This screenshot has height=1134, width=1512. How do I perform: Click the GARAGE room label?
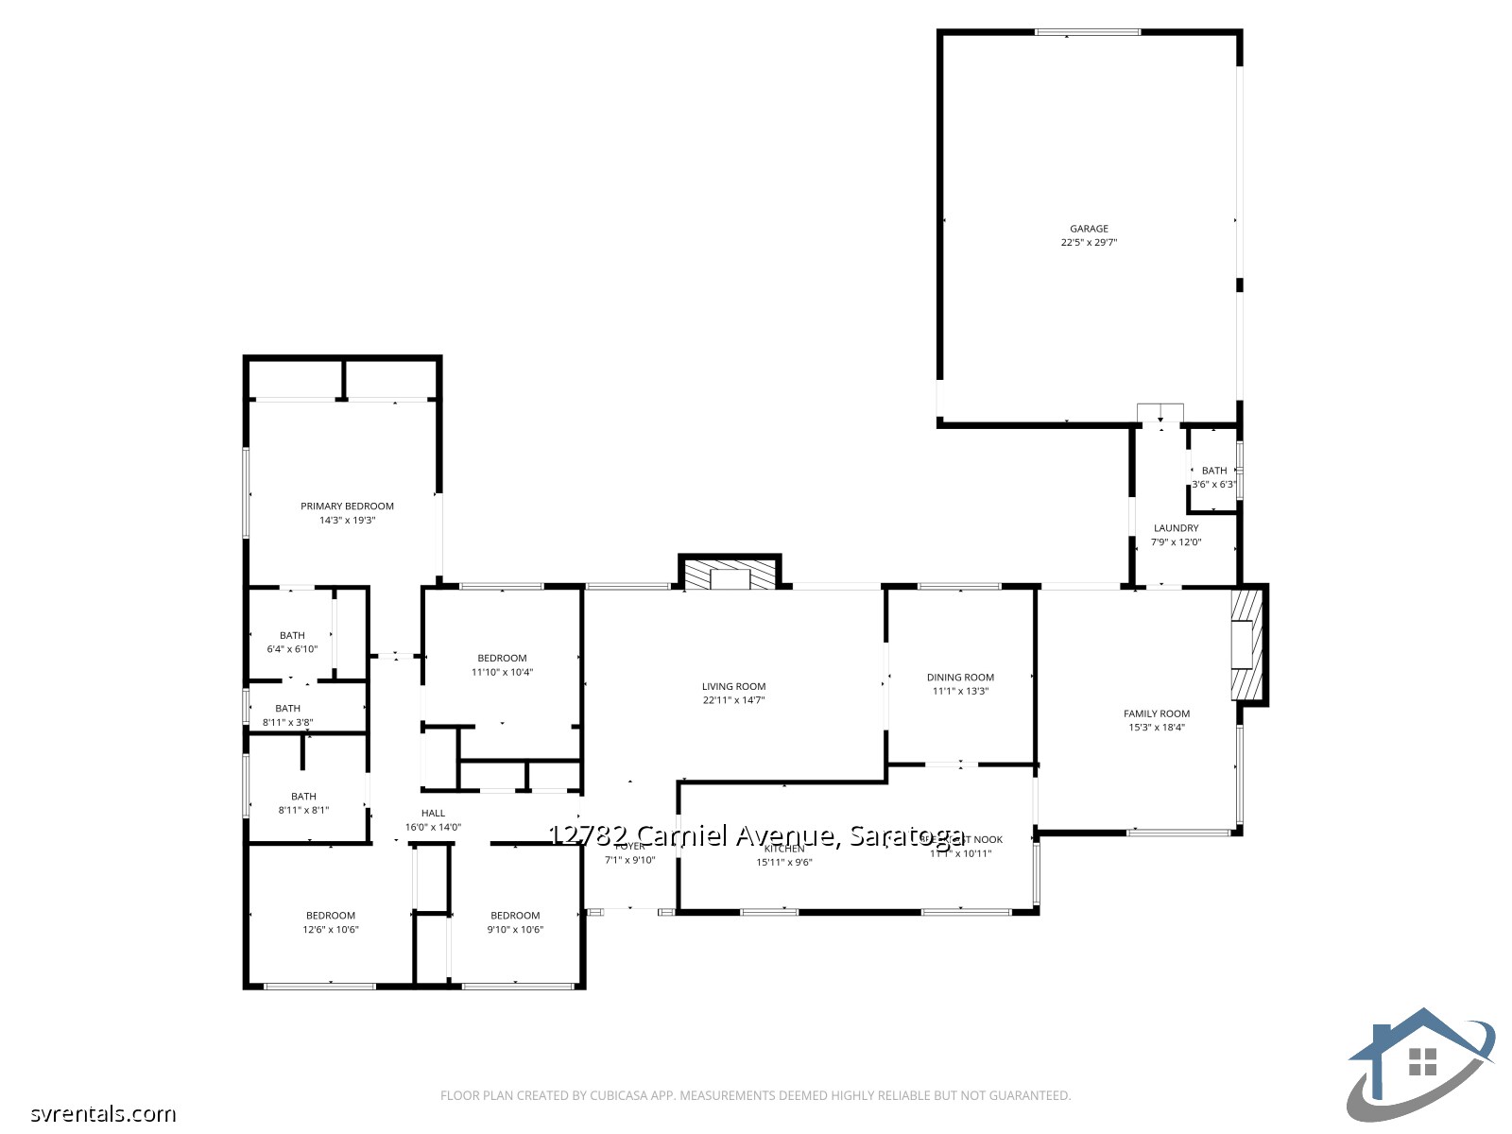[x=1089, y=229]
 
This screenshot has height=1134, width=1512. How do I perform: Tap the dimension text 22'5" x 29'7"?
[x=1089, y=243]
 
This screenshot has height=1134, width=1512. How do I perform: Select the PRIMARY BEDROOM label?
[x=347, y=507]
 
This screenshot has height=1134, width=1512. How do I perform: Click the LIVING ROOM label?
[x=733, y=687]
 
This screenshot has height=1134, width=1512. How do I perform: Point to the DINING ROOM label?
[x=960, y=678]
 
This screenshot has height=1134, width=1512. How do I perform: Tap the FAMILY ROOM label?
[x=1156, y=714]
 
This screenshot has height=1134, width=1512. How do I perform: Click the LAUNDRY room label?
[x=1176, y=528]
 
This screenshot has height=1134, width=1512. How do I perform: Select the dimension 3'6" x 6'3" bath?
[x=1213, y=485]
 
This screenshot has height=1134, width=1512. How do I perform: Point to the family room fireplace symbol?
[x=1246, y=645]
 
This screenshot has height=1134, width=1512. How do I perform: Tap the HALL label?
[x=433, y=814]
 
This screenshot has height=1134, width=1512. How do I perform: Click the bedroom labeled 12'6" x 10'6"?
[x=330, y=930]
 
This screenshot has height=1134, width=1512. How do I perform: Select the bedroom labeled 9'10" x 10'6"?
[x=515, y=930]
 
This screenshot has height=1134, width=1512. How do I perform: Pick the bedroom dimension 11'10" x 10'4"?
[x=502, y=673]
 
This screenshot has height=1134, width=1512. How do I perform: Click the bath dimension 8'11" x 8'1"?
[x=303, y=811]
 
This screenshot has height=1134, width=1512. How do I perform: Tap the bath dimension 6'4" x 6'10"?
[x=292, y=649]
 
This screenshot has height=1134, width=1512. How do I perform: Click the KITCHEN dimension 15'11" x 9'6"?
[x=783, y=863]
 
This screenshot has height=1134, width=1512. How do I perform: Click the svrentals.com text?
[x=102, y=1114]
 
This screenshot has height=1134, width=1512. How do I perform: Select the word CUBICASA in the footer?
[x=617, y=1096]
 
